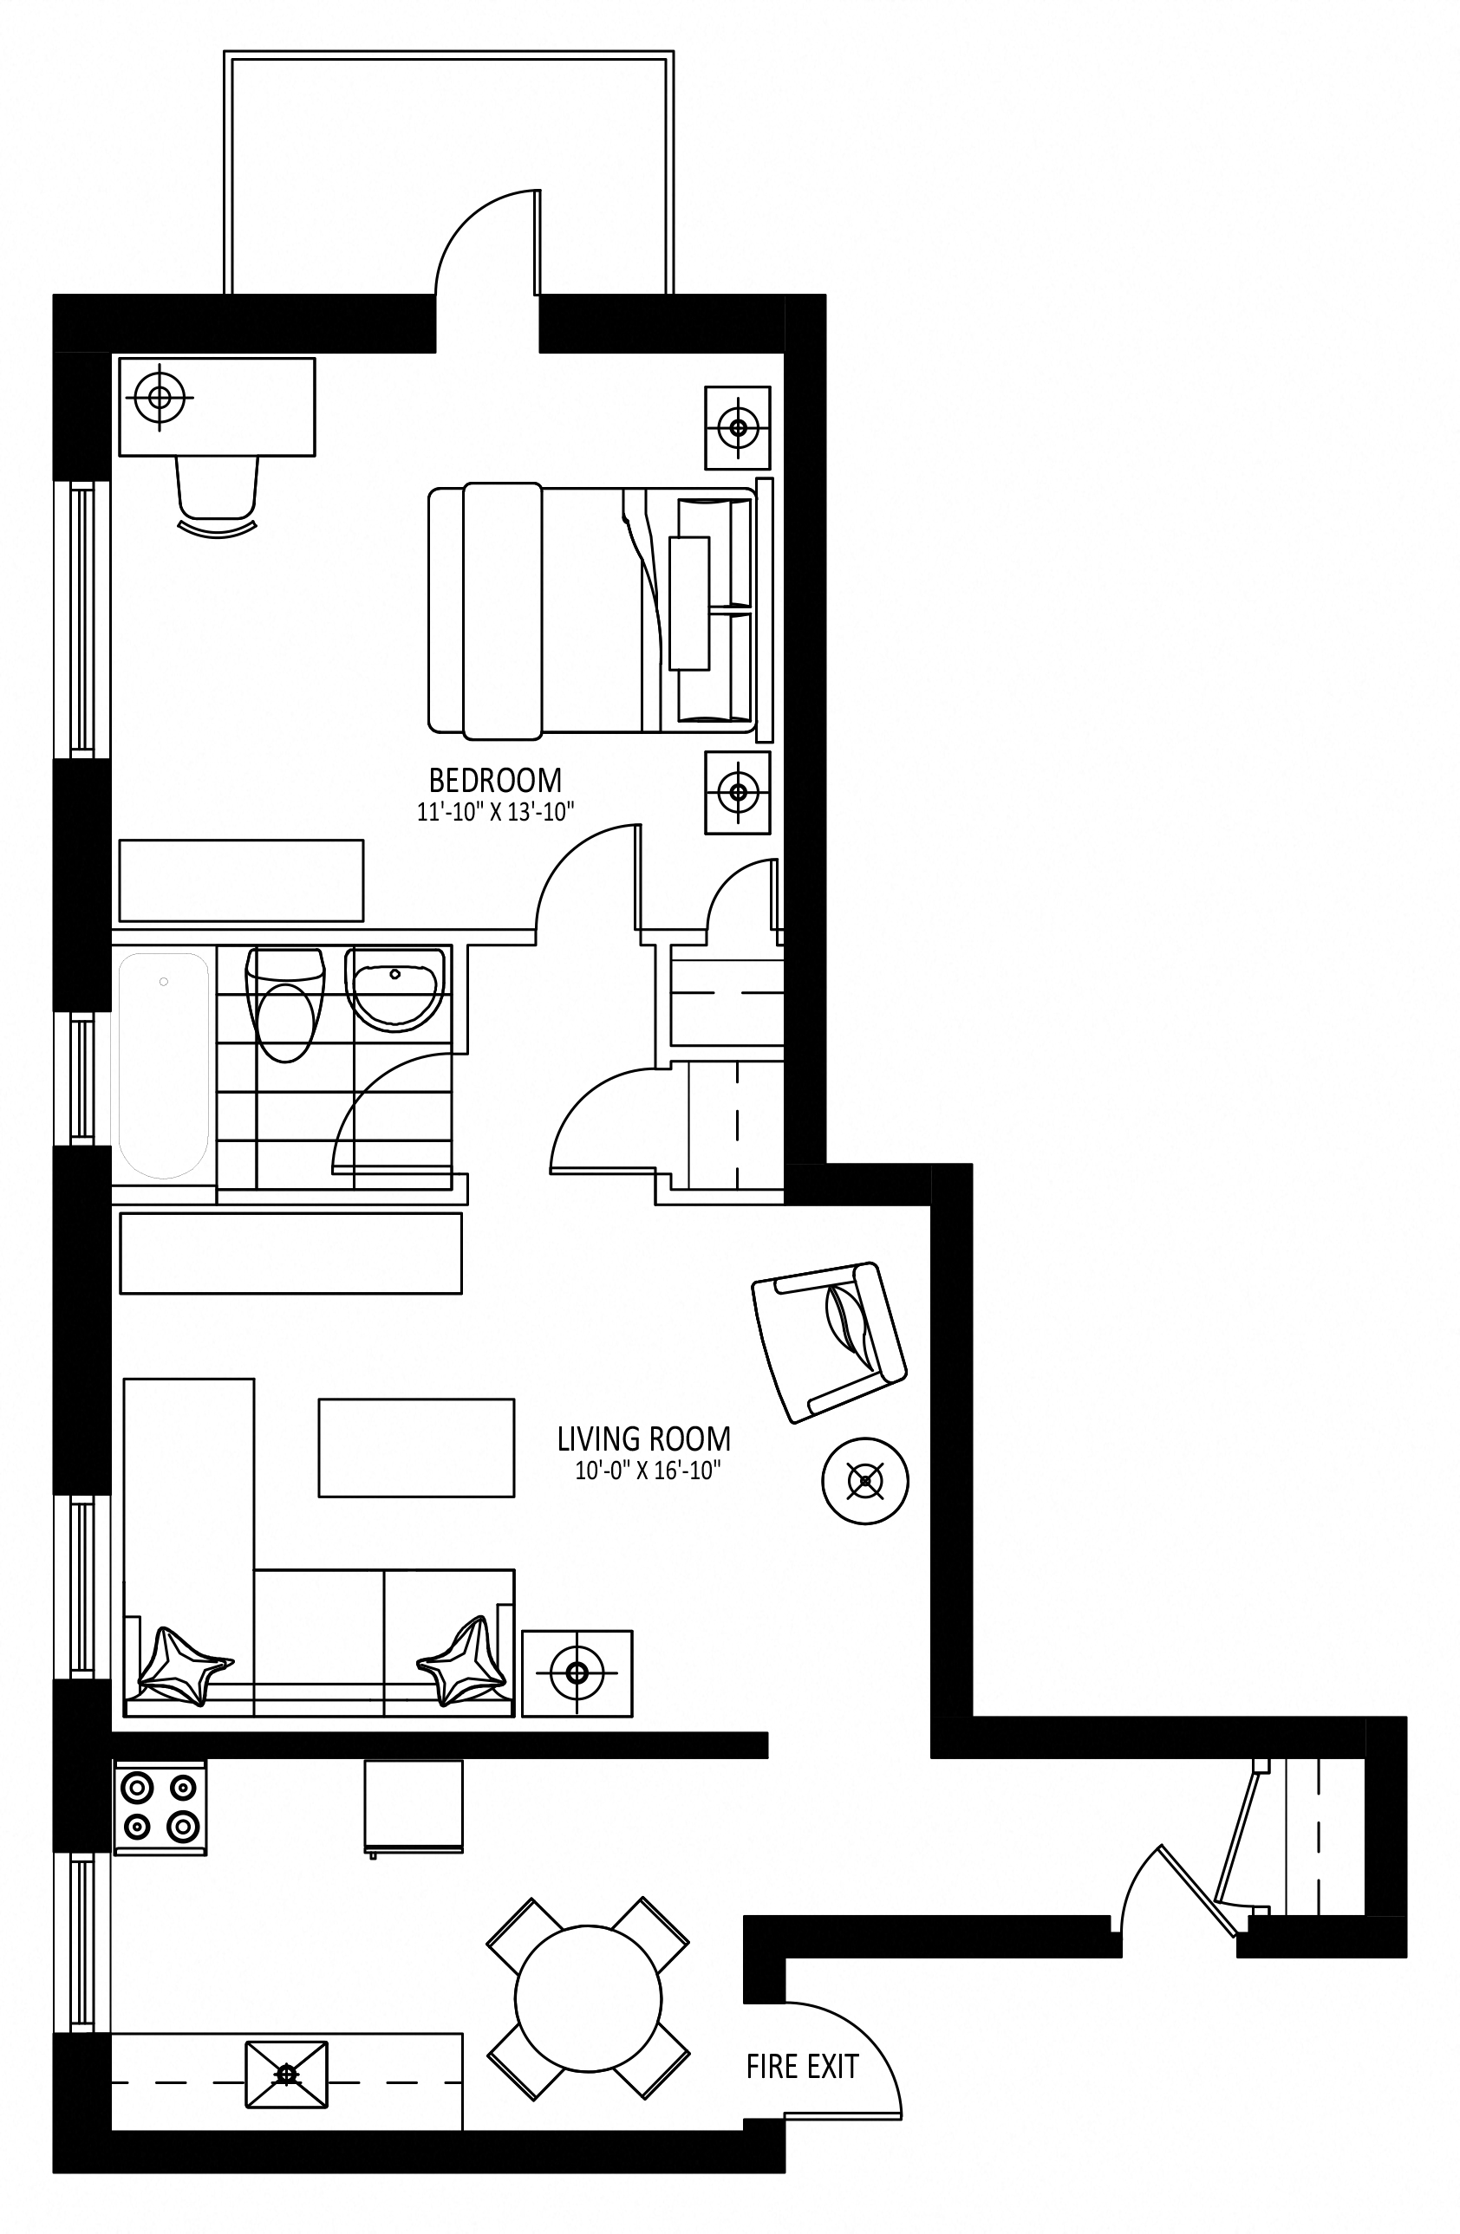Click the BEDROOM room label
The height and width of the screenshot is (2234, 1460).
click(495, 780)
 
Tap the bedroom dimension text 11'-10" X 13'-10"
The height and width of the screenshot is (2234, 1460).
click(495, 812)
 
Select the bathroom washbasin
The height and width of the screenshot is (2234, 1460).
click(394, 990)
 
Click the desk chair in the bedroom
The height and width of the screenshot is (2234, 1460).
click(218, 497)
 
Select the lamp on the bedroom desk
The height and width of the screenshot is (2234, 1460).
click(160, 397)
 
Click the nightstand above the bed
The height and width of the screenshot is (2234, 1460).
click(738, 428)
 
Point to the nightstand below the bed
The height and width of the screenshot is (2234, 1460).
click(738, 793)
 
